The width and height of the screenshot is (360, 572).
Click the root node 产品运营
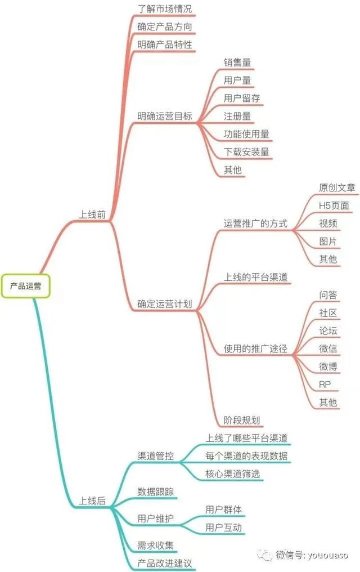[25, 286]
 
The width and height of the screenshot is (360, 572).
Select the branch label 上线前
[92, 214]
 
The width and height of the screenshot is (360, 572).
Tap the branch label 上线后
[92, 500]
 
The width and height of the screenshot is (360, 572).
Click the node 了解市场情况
[164, 9]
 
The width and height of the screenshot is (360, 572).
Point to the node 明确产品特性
[164, 44]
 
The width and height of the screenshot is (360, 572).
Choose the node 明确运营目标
[164, 116]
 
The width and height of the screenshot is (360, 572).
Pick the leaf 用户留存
[242, 98]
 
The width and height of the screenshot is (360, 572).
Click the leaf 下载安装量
[246, 152]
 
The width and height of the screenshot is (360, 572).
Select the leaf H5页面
[334, 206]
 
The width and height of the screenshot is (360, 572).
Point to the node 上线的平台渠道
[256, 278]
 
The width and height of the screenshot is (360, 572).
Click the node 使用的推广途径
[255, 349]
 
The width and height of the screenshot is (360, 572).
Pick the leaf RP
[325, 385]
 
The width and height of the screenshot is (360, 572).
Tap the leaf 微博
[328, 367]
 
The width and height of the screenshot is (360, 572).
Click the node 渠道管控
[155, 455]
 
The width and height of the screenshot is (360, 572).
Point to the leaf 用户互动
[224, 528]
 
